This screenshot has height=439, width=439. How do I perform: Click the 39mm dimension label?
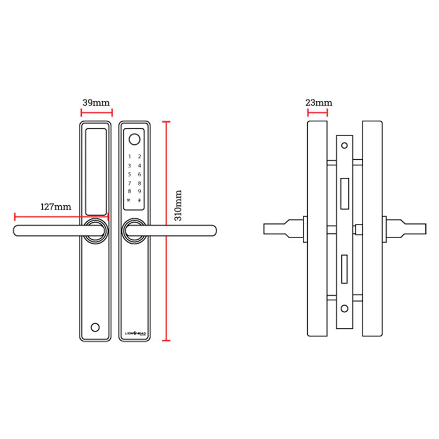pos(96,103)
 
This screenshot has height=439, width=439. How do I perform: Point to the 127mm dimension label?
pos(56,207)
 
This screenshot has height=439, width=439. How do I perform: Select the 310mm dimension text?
pos(178,205)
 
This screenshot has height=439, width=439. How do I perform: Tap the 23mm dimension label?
pos(318,103)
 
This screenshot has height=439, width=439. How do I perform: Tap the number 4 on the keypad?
pos(140,166)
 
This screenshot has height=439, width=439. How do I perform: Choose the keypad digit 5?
pos(130,175)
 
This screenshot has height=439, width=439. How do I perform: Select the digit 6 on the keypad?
pos(140,175)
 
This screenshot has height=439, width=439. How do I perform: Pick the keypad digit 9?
pos(140,192)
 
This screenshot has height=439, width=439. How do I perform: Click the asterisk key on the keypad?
pos(130,200)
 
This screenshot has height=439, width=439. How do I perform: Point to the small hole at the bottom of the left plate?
pos(96,327)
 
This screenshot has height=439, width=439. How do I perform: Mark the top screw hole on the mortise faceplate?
pos(344,145)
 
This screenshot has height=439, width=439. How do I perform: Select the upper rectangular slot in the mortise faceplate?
pos(345,195)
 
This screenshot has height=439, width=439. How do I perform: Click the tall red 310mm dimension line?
pos(166,230)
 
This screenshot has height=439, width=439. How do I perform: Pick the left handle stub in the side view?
pos(283,229)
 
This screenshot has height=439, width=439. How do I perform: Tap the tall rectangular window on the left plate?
pos(96,171)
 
